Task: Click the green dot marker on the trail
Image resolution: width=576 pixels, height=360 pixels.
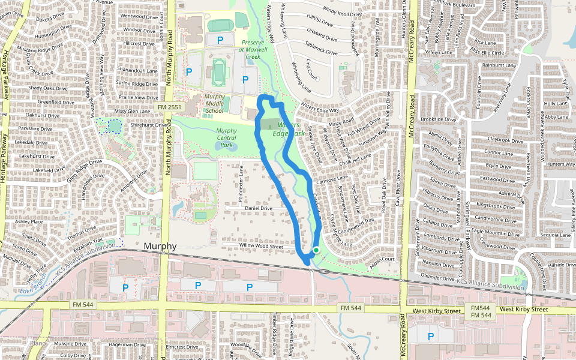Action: [x=316, y=250]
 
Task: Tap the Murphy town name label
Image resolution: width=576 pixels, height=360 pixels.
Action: [x=160, y=247]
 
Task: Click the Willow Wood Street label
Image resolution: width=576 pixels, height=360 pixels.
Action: [x=261, y=246]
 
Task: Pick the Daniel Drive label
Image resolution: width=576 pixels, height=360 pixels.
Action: [x=259, y=209]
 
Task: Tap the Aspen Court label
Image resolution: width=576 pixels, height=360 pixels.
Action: [x=382, y=259]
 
